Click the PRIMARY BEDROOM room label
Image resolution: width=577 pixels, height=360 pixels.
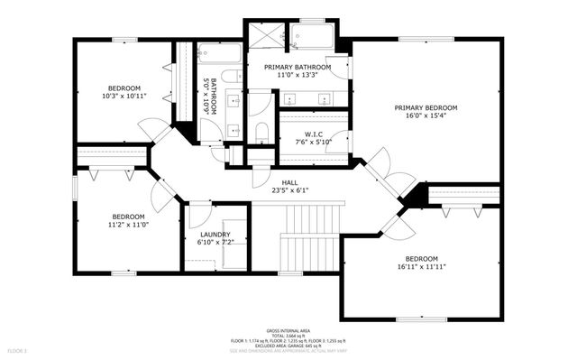pos(426,107)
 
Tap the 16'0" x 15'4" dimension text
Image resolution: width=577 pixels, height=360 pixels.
pos(426,116)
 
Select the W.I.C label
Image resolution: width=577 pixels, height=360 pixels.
pos(314,134)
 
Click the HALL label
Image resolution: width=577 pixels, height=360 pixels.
pos(289,182)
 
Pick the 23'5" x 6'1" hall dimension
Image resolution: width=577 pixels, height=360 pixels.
pos(289,190)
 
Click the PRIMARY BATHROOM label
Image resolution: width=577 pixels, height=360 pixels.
pos(297,67)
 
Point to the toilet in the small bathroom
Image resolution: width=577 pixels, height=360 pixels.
pos(230,76)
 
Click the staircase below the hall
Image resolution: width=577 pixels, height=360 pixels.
pos(309,236)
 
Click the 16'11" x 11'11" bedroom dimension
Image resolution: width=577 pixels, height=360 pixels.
pos(421,267)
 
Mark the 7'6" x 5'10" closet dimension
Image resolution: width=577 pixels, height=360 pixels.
pos(314,143)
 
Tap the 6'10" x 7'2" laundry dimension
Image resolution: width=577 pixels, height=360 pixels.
pos(215,243)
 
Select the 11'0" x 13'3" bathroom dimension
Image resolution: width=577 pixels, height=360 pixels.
pos(297,76)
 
